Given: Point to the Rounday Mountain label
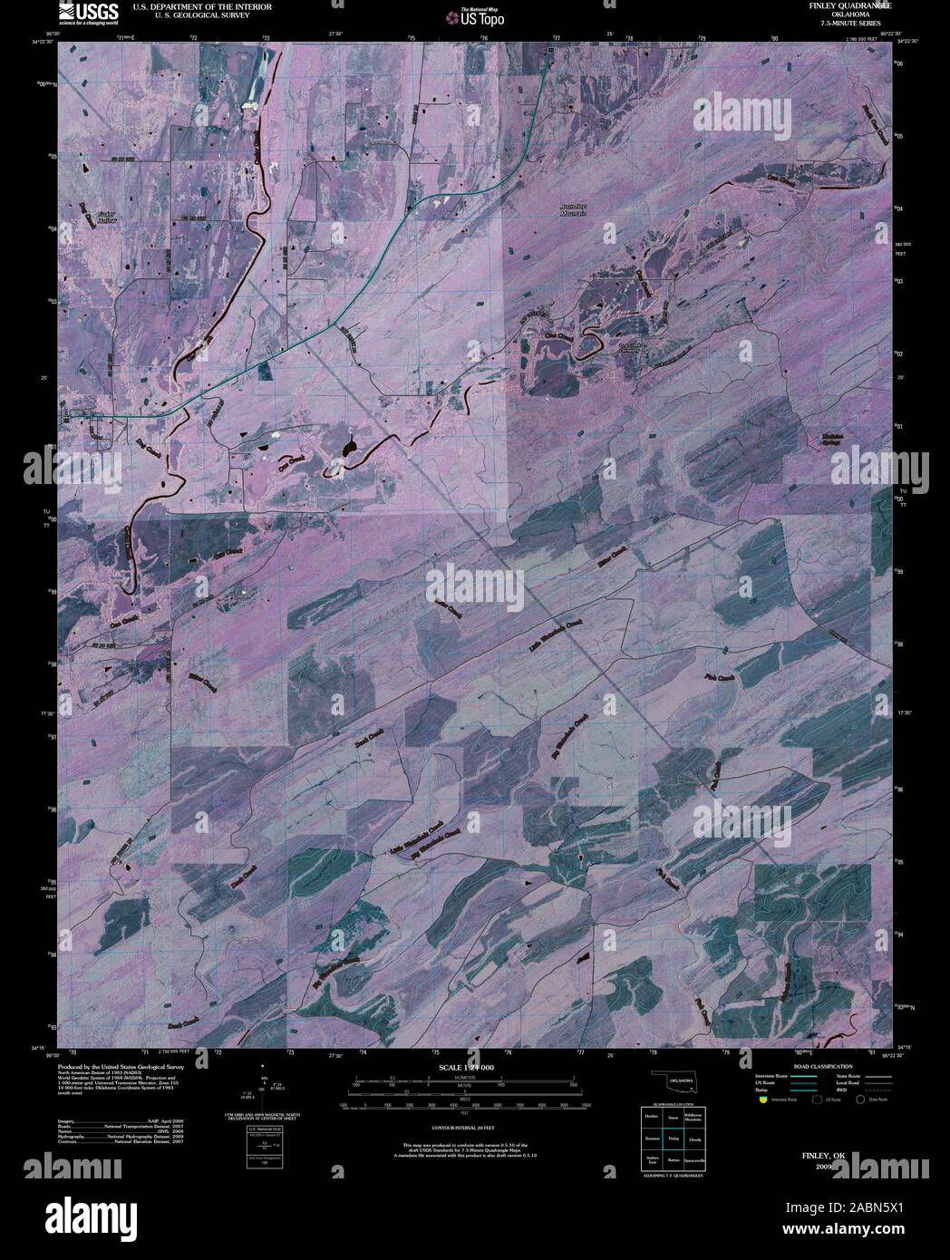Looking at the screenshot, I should click(x=573, y=210).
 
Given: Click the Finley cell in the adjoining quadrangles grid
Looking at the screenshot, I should click(x=673, y=1137).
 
